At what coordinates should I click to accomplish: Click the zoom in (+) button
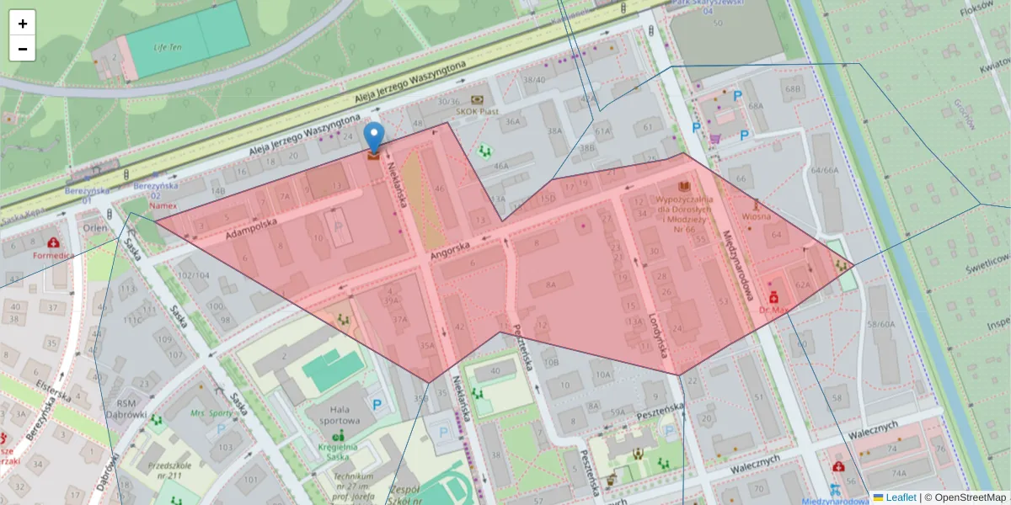coord(23,24)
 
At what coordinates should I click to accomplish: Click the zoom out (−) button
coord(23,49)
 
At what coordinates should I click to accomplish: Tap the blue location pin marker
coord(373,137)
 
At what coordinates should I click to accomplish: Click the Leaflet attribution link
coord(901,497)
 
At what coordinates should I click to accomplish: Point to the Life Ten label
coord(167,47)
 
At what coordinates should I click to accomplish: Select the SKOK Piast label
coord(478,110)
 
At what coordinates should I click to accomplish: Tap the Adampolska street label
coord(251,227)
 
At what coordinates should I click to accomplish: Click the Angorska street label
coord(449,249)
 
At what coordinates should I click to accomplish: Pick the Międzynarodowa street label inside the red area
coord(736,259)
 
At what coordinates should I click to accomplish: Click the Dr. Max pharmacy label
coord(773,309)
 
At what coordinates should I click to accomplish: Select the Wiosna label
coord(757,215)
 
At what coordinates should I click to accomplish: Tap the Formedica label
coord(54,254)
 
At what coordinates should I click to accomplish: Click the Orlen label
coord(95,226)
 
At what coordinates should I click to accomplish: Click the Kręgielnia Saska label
coord(339,451)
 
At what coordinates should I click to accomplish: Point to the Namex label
coord(163,205)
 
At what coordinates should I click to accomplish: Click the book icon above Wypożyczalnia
coord(684,186)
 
